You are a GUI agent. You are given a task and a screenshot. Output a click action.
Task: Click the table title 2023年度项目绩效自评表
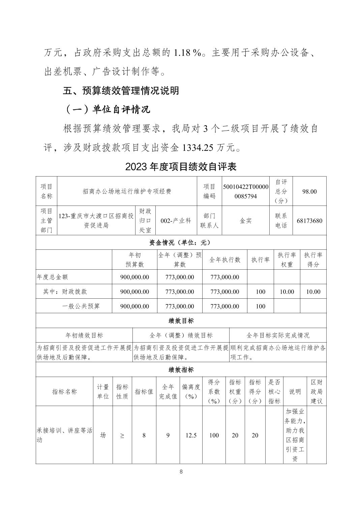pos(181,167)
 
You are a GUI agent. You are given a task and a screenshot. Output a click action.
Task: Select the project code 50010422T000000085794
pos(245,191)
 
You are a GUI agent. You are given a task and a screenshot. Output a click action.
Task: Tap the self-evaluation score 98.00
pos(309,191)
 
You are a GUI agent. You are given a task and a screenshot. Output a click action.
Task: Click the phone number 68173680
pos(309,221)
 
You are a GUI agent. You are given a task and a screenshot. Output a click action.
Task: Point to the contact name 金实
pos(245,221)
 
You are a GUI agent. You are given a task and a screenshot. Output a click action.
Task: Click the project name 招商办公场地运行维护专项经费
pos(127,191)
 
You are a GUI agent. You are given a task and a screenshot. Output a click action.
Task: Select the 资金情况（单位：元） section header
pos(181,242)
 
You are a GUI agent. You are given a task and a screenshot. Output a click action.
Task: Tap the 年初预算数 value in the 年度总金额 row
pos(134,277)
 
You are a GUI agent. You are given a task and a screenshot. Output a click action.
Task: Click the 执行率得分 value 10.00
pos(313,292)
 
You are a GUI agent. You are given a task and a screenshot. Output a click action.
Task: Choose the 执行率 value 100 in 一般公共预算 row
pos(260,306)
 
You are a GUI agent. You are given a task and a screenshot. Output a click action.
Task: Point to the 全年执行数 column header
pos(224,260)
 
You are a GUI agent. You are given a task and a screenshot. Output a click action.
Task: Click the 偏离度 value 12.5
pos(191,435)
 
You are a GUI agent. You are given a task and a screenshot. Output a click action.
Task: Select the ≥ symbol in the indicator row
pos(122,435)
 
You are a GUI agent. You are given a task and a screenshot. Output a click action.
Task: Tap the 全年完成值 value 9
pos(168,435)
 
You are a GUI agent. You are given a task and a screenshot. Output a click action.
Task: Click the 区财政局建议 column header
pos(316,391)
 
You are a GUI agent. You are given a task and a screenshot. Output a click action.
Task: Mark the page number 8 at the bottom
pos(181,472)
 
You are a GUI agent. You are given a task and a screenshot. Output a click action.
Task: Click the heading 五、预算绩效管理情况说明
pos(121,91)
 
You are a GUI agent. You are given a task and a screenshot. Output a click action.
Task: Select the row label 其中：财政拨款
pos(65,292)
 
